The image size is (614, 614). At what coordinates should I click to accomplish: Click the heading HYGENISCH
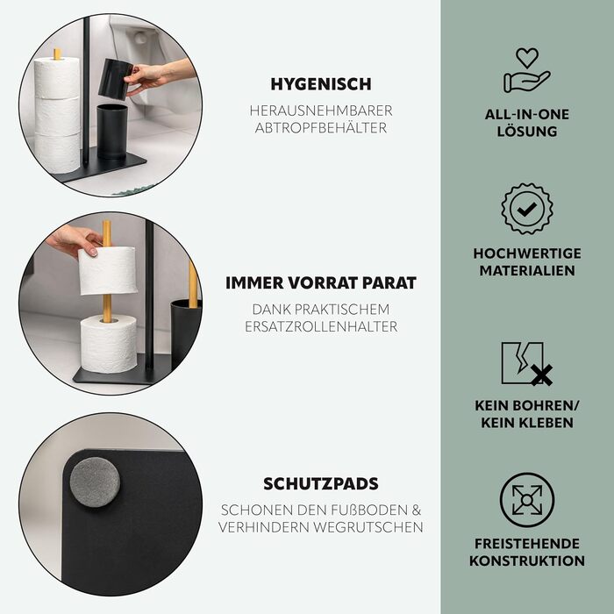point(321,84)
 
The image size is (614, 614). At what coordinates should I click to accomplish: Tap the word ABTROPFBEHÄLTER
point(321,128)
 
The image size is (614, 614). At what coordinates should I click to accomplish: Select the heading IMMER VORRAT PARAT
point(321,282)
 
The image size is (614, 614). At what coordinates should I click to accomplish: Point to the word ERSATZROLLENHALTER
point(321,326)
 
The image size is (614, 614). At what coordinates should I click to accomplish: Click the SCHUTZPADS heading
point(321,483)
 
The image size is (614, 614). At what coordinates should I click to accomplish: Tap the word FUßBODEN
point(369,510)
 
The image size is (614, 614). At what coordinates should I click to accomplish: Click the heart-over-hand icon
point(526,69)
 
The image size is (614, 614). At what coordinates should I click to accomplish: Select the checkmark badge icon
point(526,209)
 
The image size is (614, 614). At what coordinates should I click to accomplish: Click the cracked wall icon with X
point(526,364)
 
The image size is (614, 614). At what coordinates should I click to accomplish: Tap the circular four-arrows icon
point(526,500)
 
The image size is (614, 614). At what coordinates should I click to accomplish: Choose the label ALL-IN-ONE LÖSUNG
point(526,123)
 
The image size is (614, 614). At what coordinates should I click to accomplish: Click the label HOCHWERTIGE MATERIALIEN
point(526,261)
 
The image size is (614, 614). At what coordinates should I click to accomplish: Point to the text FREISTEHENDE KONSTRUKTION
point(526,552)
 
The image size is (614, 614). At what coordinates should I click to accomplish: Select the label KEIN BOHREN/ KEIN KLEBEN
point(526,414)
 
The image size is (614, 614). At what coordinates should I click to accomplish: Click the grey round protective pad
point(95,482)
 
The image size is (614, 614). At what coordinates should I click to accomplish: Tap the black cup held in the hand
point(114,79)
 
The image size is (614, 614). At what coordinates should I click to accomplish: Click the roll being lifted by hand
point(108,271)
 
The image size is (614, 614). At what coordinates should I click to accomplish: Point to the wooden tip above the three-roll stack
point(57,54)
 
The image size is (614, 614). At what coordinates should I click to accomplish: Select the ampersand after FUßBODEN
point(417,510)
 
